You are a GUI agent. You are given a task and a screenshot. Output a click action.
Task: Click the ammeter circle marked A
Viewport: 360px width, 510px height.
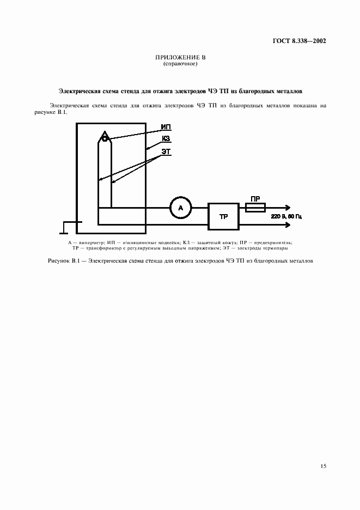[x=180, y=207]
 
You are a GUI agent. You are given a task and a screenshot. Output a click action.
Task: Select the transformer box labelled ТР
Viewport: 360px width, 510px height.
[x=223, y=216]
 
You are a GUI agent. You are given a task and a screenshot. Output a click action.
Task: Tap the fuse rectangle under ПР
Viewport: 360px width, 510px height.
[x=255, y=207]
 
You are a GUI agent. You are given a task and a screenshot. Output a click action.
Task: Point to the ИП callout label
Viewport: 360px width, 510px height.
[x=166, y=127]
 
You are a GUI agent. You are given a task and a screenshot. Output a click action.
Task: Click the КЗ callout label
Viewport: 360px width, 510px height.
[x=166, y=139]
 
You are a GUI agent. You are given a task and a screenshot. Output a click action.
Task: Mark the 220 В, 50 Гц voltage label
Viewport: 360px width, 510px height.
[x=286, y=216]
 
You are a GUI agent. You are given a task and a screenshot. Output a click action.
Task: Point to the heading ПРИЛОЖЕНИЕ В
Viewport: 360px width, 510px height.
[x=180, y=58]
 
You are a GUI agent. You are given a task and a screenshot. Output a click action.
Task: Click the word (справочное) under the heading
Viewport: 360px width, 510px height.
[x=180, y=64]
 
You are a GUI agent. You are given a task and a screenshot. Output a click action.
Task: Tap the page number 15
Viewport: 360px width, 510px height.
[x=324, y=466]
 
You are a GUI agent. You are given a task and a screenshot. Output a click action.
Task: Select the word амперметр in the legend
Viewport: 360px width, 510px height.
[x=90, y=242]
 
